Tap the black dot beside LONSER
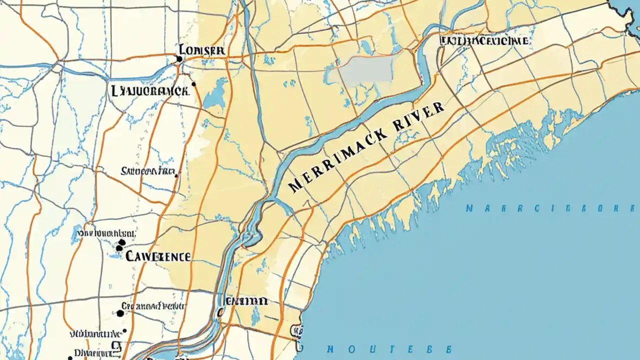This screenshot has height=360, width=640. click(x=179, y=59)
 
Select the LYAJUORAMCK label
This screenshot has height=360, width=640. click(x=149, y=90)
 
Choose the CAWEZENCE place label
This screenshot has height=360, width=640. click(x=158, y=256)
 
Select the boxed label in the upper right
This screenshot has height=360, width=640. click(x=484, y=40)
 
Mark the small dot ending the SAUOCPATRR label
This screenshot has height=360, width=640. click(x=175, y=174)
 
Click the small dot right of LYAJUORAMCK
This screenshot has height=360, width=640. click(x=193, y=84)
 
